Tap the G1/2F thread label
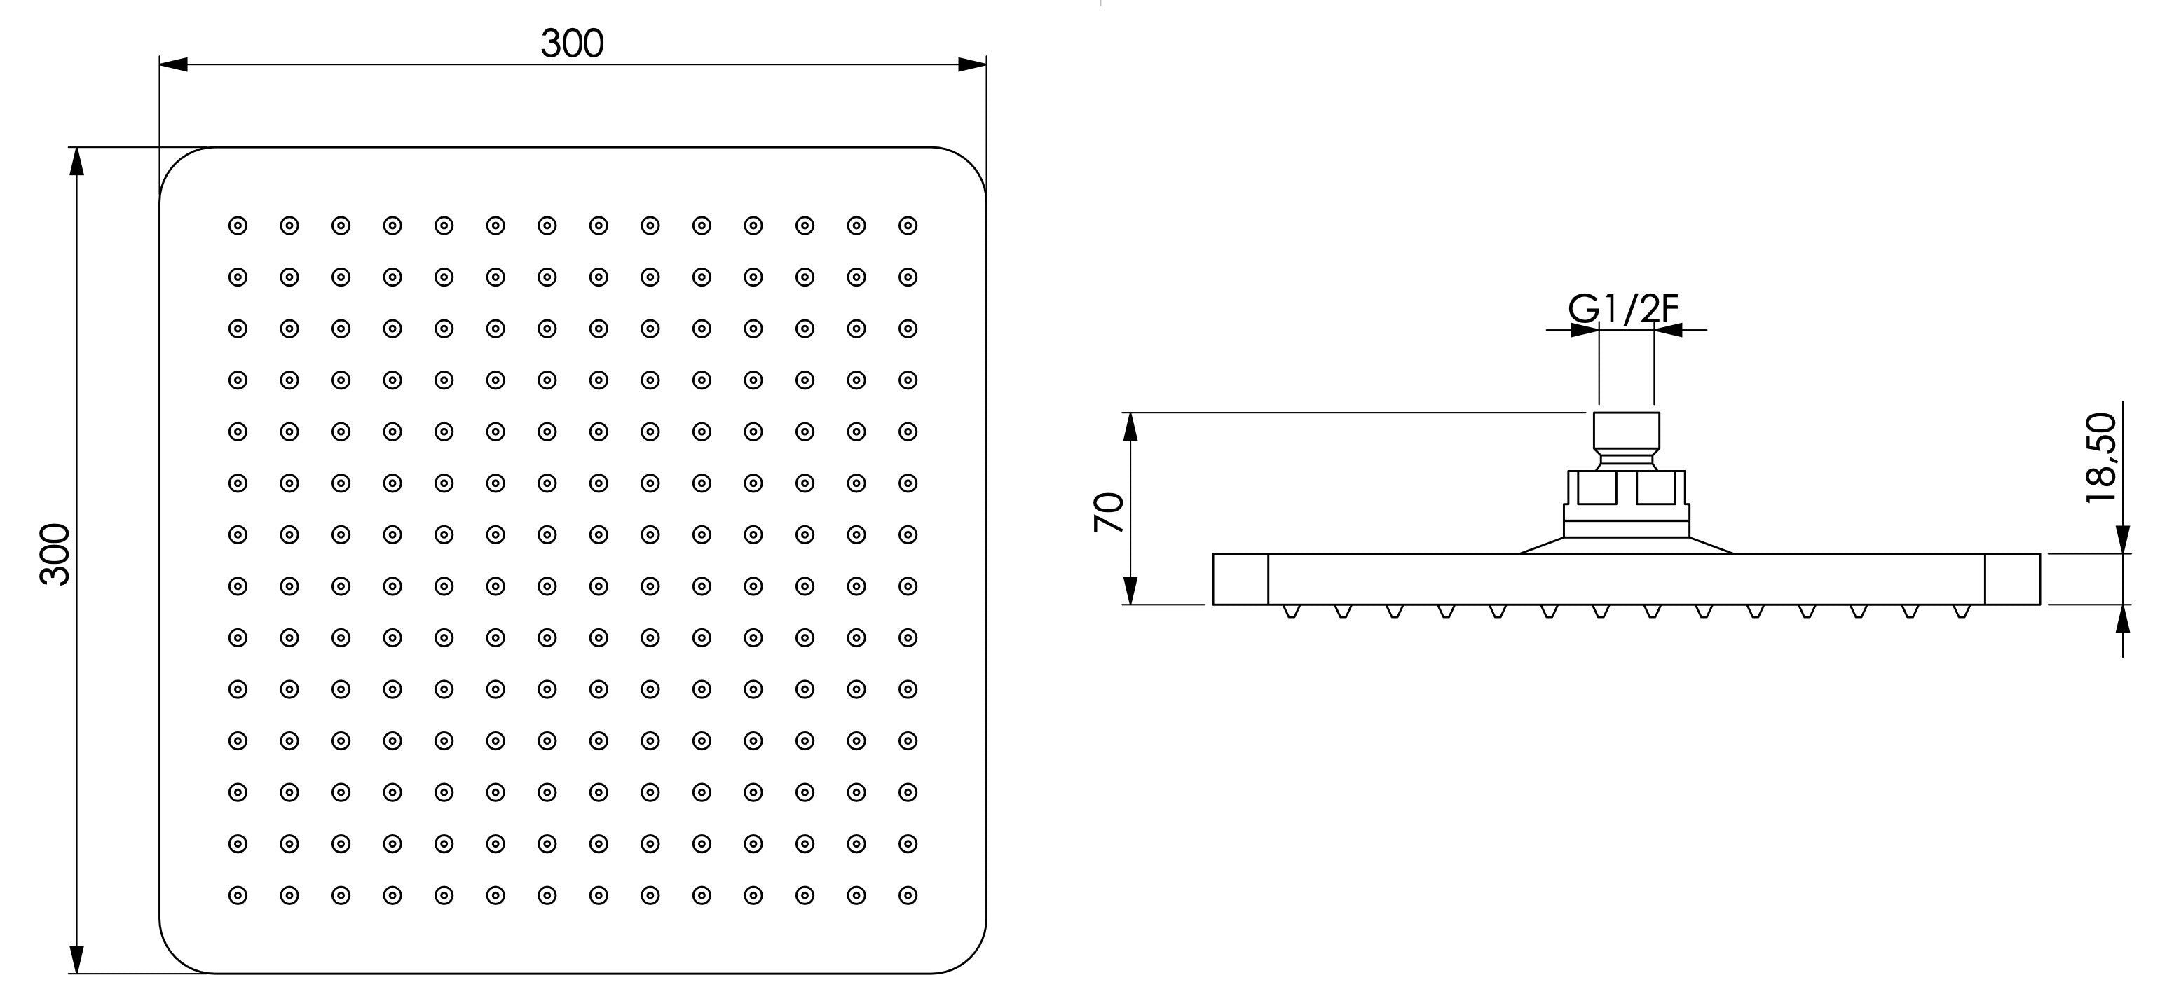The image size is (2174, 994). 1623,310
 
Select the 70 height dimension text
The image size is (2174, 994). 1109,511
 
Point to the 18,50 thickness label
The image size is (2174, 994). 2101,458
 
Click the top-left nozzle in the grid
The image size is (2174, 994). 238,226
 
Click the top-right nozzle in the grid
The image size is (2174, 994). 908,226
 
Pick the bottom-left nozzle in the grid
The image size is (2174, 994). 238,895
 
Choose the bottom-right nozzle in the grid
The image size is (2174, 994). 908,895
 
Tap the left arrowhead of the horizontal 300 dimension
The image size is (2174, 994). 173,64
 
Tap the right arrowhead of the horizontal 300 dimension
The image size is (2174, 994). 972,64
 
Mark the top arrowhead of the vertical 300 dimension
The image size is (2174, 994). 77,161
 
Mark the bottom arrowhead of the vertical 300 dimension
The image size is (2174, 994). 77,960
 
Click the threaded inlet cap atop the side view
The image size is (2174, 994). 1626,430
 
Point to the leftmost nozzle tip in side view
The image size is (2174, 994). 1290,611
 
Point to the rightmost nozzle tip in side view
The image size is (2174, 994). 1962,611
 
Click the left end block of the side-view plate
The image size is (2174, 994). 1240,579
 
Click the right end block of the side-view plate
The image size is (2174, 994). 2012,579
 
